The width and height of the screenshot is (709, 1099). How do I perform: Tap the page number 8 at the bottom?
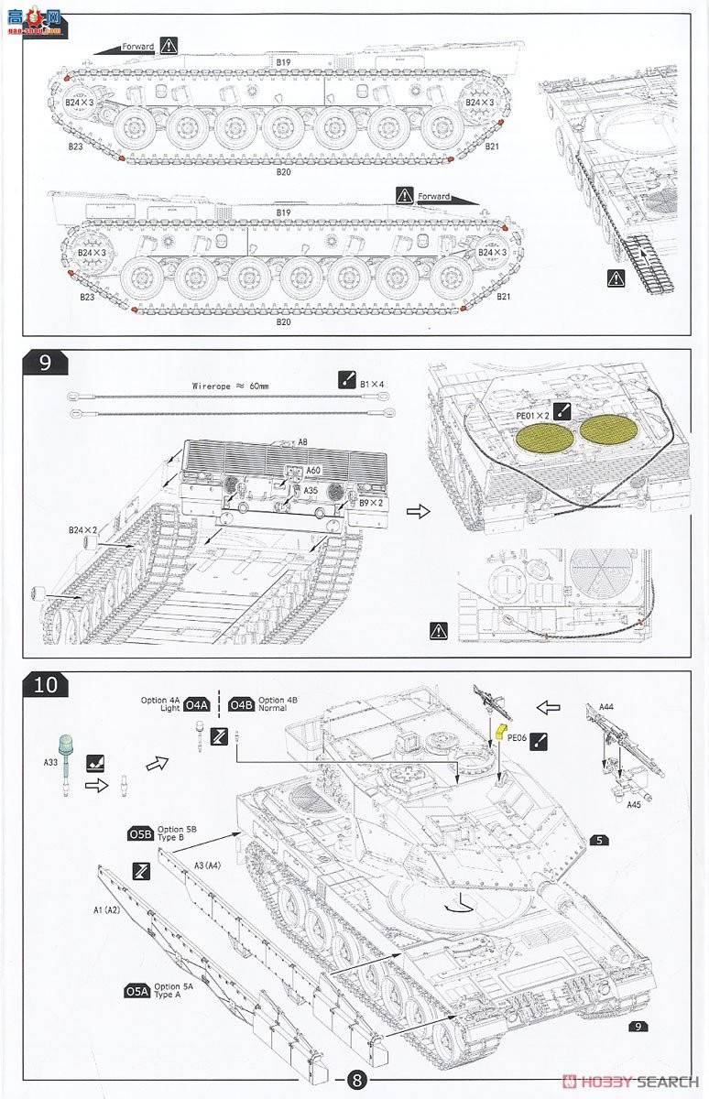click(x=354, y=1079)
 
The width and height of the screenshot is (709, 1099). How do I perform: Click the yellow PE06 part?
click(x=500, y=730)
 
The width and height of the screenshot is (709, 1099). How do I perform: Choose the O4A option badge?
click(x=197, y=705)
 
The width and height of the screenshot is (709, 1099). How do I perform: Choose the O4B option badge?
click(x=242, y=704)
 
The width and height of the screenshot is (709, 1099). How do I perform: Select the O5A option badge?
click(x=136, y=991)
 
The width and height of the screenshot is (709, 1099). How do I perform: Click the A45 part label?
click(x=633, y=806)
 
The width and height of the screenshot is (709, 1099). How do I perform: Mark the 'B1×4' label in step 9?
click(x=374, y=384)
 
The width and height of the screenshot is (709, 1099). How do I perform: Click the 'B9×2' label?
click(x=370, y=503)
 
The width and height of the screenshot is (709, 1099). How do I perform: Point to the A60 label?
click(x=312, y=470)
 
